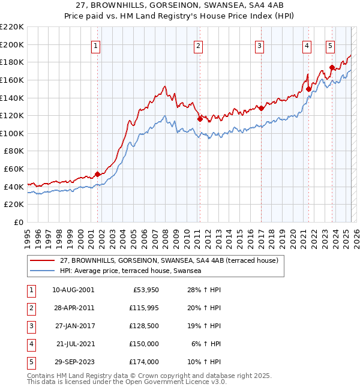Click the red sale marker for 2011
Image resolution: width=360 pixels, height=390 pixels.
[200, 119]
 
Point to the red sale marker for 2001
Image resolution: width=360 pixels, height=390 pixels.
[97, 174]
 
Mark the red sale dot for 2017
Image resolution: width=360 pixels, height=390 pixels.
[261, 108]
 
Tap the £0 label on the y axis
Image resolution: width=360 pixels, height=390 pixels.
[18, 222]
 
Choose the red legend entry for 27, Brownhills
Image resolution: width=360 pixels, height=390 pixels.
[169, 261]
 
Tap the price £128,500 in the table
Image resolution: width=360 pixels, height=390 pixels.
[144, 328]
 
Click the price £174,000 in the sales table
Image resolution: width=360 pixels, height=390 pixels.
[144, 362]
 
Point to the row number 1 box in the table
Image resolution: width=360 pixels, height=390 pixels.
[29, 290]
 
